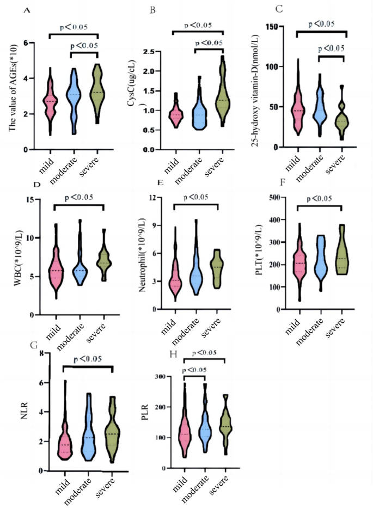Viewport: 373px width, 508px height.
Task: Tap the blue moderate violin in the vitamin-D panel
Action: coord(320,106)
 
